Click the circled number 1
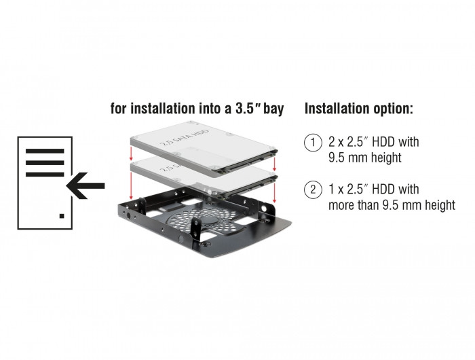(313, 142)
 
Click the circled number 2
(313, 190)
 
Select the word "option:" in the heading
(391, 109)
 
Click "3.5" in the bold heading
(246, 108)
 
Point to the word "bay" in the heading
(273, 109)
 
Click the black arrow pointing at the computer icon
(85, 185)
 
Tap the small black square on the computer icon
(62, 215)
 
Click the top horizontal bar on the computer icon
(45, 151)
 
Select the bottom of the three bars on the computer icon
(45, 174)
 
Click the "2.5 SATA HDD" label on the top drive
(185, 138)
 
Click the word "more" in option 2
(341, 205)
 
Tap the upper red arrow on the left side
(131, 154)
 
